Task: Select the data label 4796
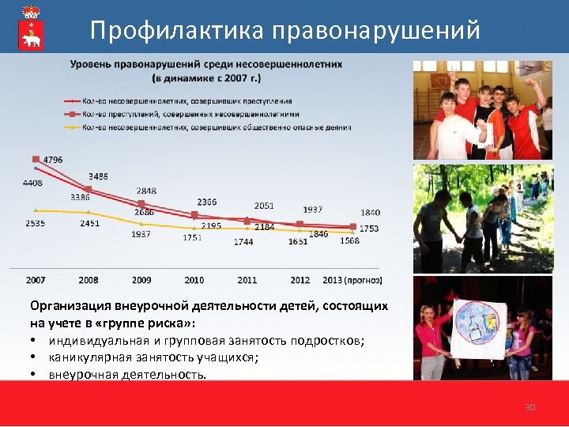tap(53, 160)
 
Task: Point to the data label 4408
tap(32, 183)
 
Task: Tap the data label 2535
tap(35, 224)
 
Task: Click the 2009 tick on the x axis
tap(141, 280)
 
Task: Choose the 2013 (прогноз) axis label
tap(352, 280)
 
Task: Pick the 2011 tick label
tap(247, 280)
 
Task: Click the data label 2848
tap(145, 191)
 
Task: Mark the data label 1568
tap(349, 240)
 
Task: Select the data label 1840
tap(370, 213)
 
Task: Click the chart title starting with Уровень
tap(206, 70)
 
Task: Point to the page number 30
tap(530, 407)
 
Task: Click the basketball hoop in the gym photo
tap(440, 80)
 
